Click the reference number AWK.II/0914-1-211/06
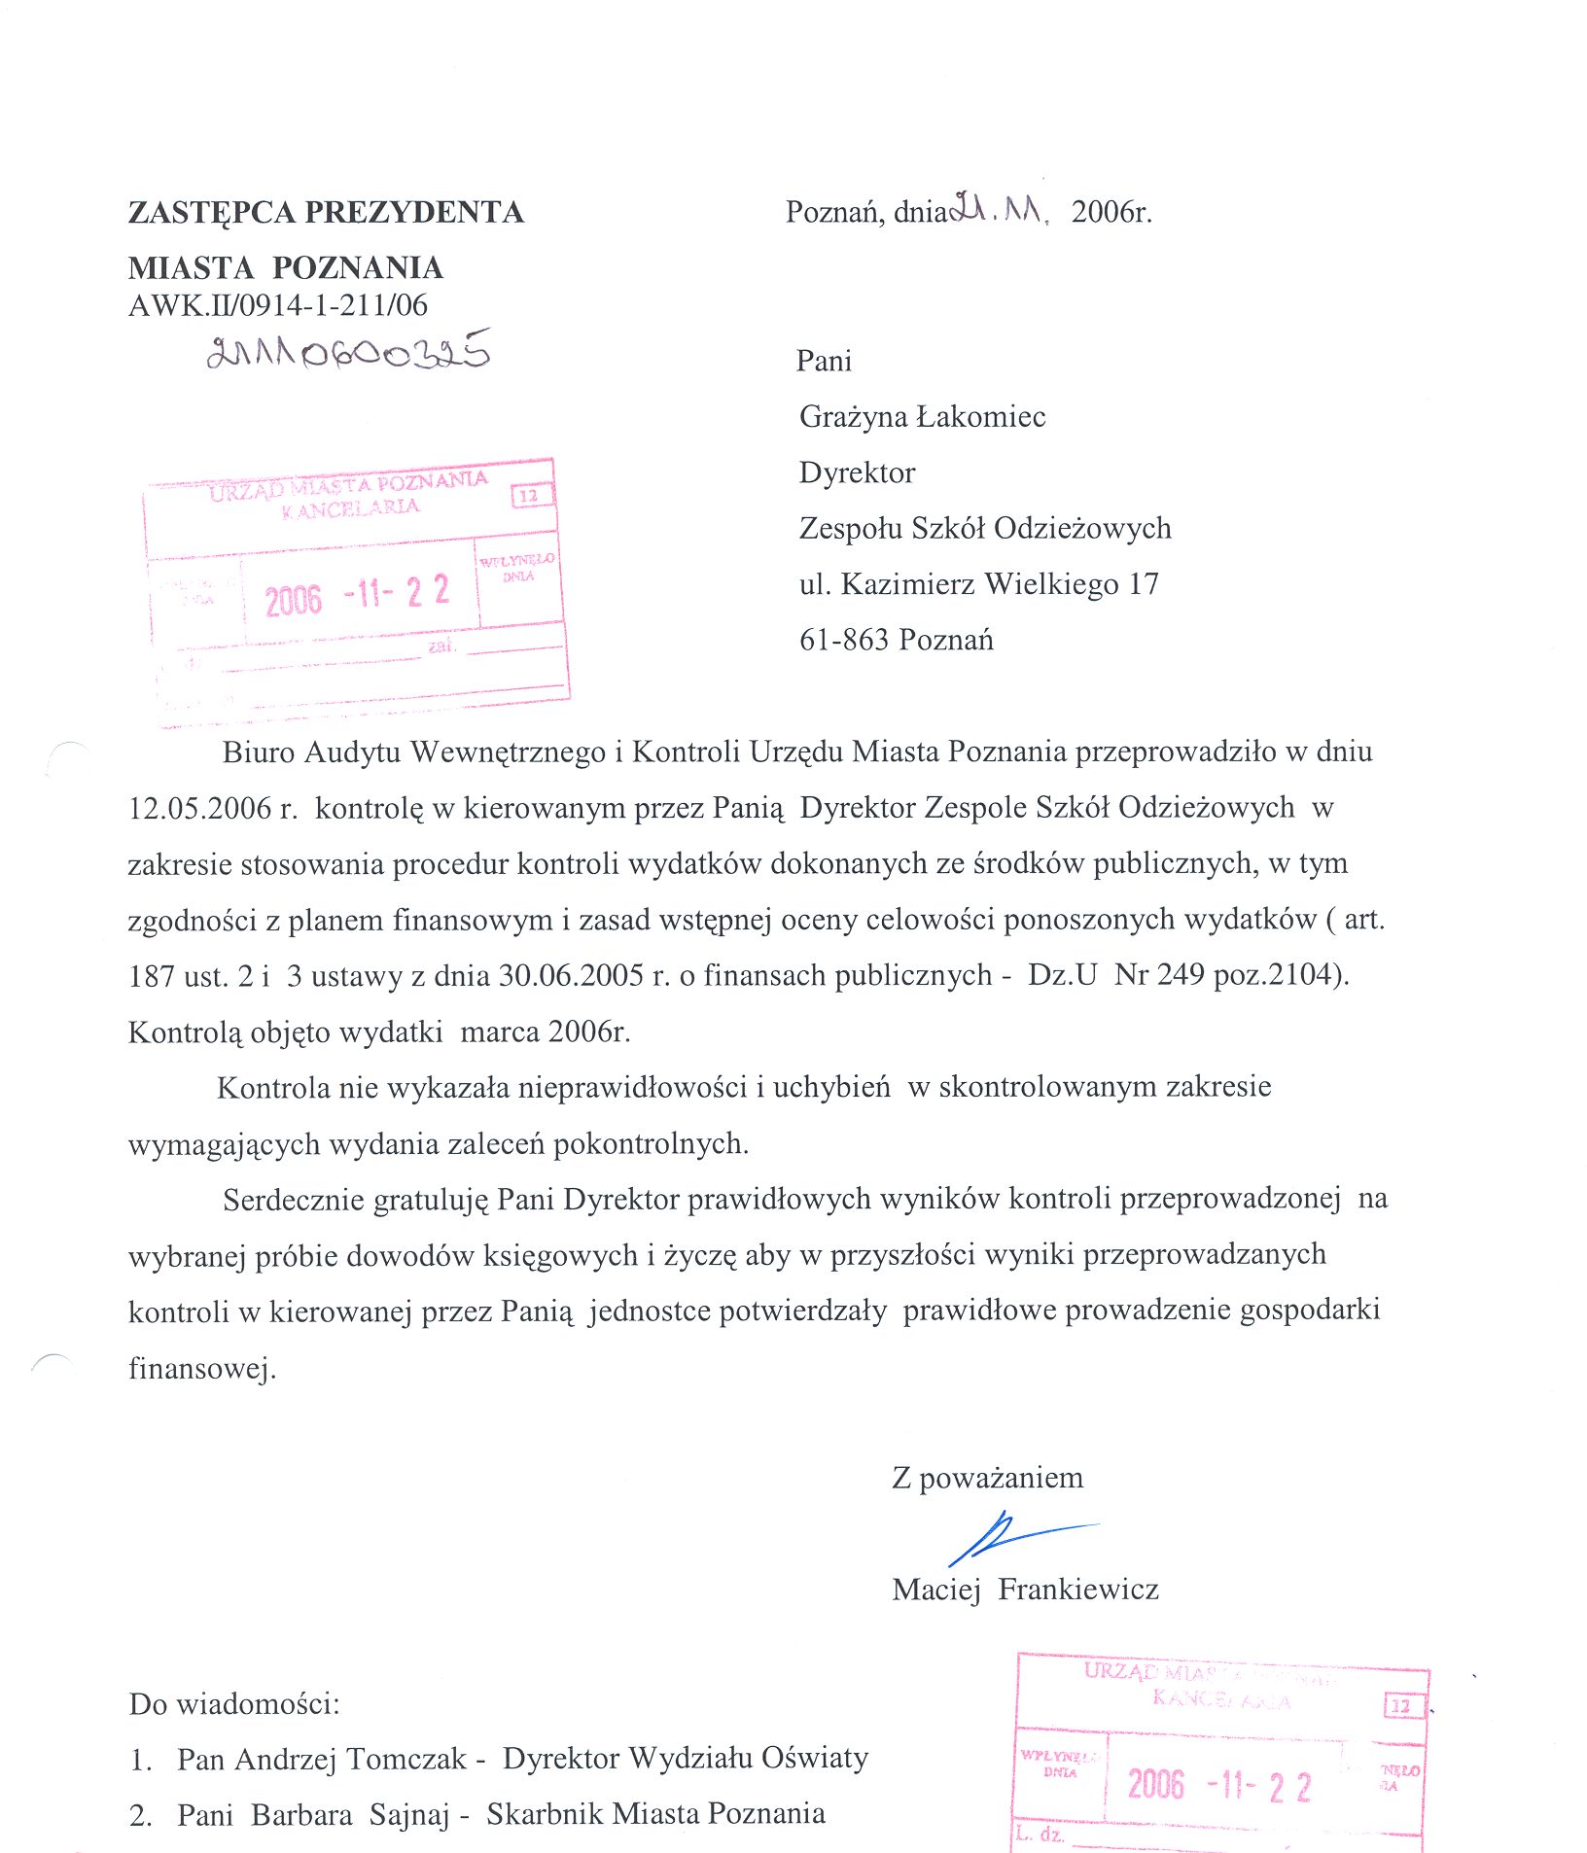[x=278, y=305]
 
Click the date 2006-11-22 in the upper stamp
[x=357, y=595]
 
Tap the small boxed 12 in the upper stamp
[x=529, y=496]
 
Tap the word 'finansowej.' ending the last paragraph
[x=202, y=1368]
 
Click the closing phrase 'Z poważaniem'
[x=987, y=1478]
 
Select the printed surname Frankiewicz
[x=1078, y=1590]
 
